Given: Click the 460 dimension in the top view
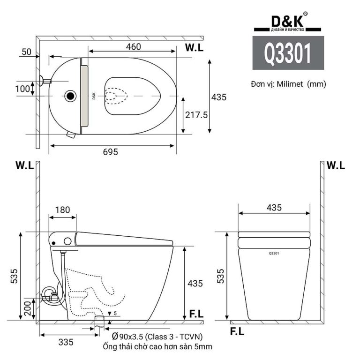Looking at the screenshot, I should [134, 46].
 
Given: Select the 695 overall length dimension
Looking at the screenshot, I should [111, 152].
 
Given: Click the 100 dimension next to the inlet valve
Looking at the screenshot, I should [22, 88].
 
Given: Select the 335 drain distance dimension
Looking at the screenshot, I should [66, 342].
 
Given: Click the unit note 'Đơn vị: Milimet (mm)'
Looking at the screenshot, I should [288, 84].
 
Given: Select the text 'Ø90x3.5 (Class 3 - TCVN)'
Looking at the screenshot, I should [157, 337].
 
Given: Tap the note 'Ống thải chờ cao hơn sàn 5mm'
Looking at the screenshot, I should [157, 347].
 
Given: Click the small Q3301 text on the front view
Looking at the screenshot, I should [275, 254].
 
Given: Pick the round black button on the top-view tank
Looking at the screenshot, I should [70, 96].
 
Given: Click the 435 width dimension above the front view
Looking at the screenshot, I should [274, 206].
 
